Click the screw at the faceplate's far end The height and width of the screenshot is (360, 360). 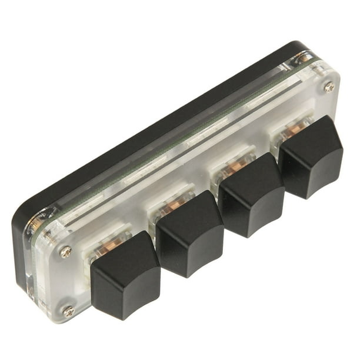click(329, 87)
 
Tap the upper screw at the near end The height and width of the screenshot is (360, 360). click(66, 252)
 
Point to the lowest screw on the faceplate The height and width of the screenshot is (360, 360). click(69, 311)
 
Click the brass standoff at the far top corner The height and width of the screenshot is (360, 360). click(304, 58)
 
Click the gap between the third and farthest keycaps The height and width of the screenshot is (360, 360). click(281, 171)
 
